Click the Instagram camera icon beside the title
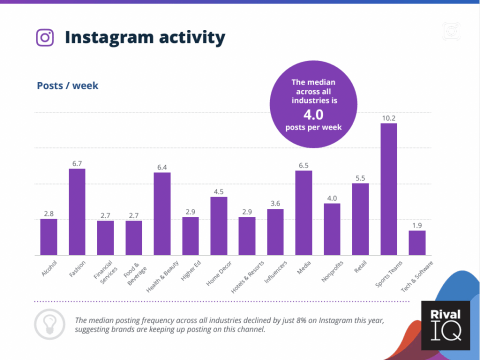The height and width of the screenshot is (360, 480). coord(45,38)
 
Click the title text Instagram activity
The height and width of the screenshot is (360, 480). coord(144,38)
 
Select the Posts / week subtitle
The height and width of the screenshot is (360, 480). coord(66,85)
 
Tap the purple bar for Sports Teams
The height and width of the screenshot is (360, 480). coord(388,190)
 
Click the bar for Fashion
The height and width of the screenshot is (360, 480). coord(76,212)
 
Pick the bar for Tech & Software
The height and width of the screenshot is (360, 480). coord(417,243)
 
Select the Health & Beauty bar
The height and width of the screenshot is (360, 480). coord(161,214)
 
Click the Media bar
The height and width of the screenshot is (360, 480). coord(303,213)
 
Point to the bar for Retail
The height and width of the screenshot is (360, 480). coord(360,219)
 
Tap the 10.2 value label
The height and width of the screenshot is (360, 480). coord(388,117)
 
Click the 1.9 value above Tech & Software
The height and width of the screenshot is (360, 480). coord(417,224)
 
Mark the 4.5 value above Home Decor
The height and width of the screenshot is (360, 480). coord(218,190)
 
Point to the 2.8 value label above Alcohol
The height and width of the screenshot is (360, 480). coord(48,213)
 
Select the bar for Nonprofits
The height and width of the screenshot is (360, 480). coord(332,229)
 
